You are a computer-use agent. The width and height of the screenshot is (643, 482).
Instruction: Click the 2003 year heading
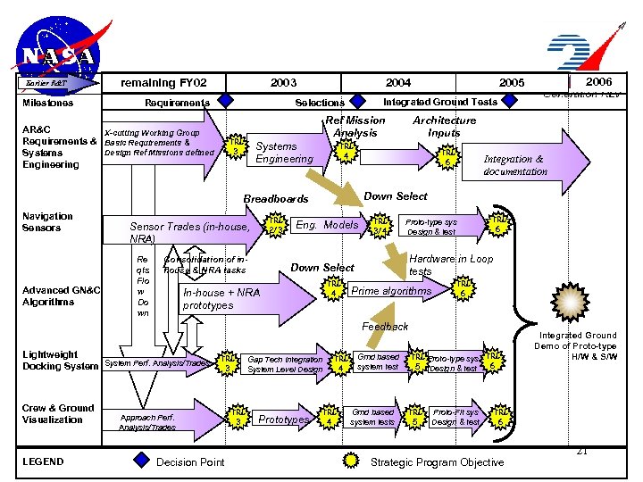[x=283, y=83]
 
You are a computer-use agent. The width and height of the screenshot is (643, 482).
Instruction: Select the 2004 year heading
[x=397, y=83]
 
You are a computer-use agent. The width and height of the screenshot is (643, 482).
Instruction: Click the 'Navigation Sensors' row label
[x=47, y=222]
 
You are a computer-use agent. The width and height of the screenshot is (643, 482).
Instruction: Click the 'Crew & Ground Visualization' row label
[x=58, y=414]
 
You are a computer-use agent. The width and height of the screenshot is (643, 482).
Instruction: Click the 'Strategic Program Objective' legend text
[x=437, y=461]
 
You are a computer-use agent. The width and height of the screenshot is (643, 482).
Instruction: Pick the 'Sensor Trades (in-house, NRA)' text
[x=189, y=233]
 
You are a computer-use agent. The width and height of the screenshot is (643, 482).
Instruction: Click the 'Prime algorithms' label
[x=391, y=291]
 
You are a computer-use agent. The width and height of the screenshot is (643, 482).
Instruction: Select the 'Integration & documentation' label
[x=514, y=165]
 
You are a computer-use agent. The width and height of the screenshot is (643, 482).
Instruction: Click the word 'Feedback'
[x=385, y=327]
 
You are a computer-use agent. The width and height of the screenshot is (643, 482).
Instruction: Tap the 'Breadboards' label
[x=276, y=199]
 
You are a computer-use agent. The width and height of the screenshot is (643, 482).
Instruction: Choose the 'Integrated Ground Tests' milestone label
[x=440, y=102]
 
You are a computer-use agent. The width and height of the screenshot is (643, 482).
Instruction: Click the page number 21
[x=582, y=452]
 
